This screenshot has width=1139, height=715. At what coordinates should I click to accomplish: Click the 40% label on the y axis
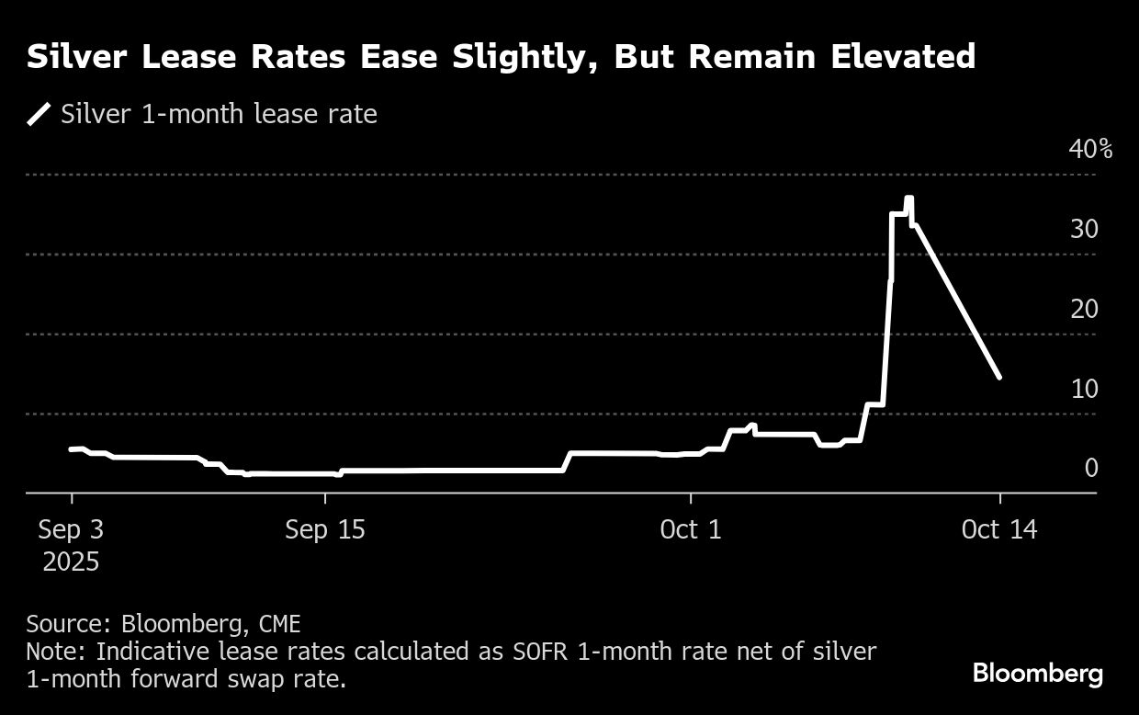[x=1091, y=149]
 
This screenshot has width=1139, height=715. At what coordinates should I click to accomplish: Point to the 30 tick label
[x=1085, y=229]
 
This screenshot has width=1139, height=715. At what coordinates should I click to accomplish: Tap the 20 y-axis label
[x=1085, y=309]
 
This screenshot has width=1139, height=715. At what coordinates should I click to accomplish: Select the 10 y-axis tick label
[x=1085, y=389]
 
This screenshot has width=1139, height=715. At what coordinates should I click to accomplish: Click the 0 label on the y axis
[x=1091, y=468]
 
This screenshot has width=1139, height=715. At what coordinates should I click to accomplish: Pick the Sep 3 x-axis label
[x=72, y=530]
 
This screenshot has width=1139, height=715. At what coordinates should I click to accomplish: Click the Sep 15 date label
[x=325, y=530]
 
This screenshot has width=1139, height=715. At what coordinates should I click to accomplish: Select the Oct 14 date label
[x=999, y=530]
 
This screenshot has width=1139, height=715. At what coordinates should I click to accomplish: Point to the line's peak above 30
[x=908, y=199]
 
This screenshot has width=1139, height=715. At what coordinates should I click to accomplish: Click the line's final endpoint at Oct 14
[x=999, y=377]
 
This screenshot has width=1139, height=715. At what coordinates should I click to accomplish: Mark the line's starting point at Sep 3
[x=72, y=449]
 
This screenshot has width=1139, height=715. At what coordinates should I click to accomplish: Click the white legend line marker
[x=39, y=115]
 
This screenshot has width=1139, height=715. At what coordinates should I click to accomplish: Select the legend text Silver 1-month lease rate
[x=219, y=115]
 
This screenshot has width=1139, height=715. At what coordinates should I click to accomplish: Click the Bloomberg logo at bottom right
[x=1038, y=674]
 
